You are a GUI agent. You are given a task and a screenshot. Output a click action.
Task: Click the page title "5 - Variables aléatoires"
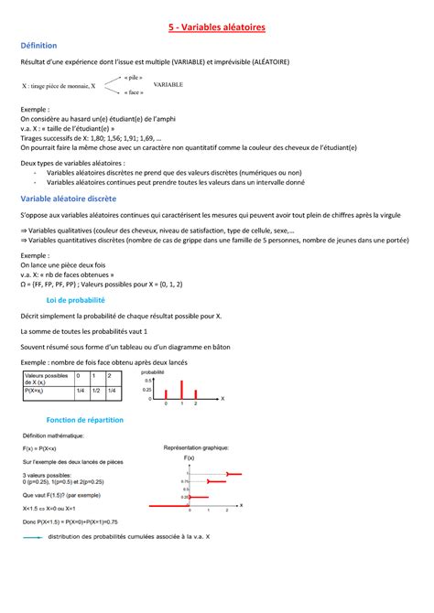(217, 28)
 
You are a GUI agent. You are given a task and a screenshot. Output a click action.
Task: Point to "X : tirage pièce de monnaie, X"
(59, 85)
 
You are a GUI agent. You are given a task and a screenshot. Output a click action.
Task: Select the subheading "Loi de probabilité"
(76, 299)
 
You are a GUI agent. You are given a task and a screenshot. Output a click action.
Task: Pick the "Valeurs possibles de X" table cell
(46, 379)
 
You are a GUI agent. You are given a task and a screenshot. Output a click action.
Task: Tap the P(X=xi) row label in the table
(40, 393)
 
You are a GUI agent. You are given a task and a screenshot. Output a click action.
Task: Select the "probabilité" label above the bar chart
(152, 372)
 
